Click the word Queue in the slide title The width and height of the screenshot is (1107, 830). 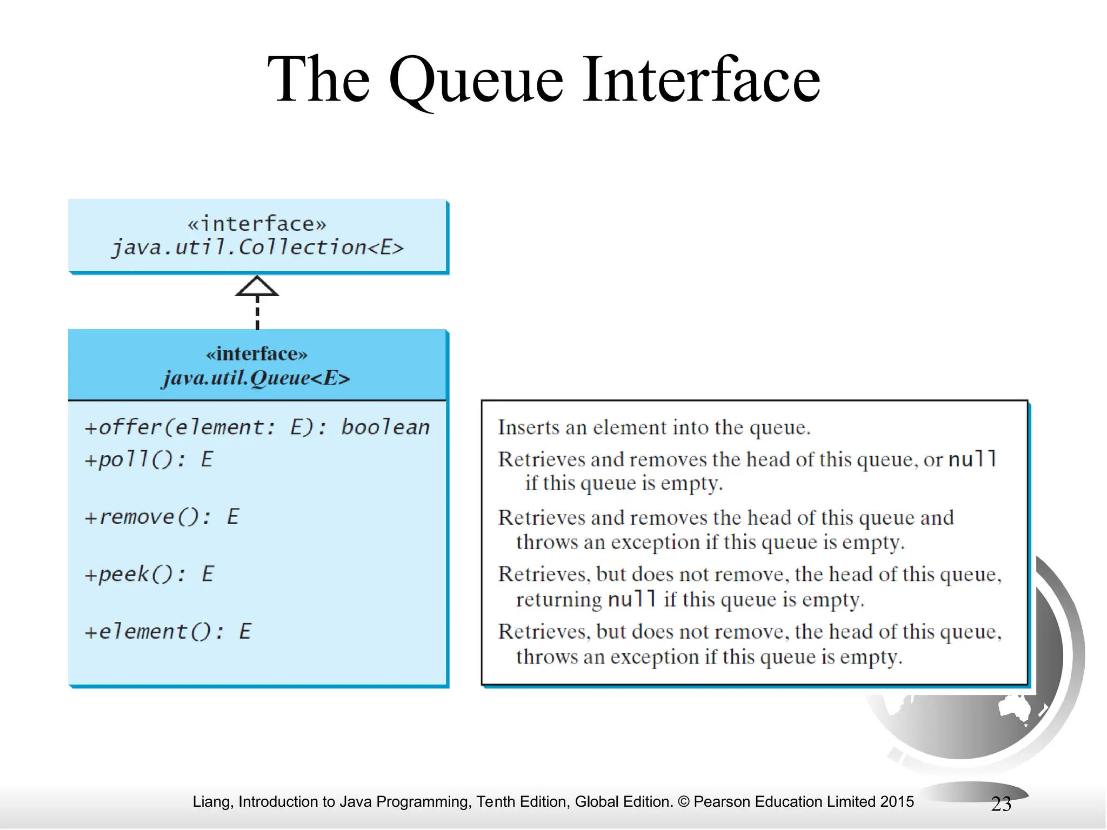pyautogui.click(x=475, y=81)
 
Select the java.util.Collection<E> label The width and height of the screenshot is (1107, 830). pyautogui.click(x=257, y=247)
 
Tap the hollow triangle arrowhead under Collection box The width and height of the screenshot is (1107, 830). pyautogui.click(x=257, y=287)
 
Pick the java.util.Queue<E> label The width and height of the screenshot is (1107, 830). pyautogui.click(x=256, y=378)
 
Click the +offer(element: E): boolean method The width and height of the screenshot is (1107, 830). pyautogui.click(x=257, y=427)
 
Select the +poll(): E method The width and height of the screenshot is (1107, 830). pyautogui.click(x=149, y=459)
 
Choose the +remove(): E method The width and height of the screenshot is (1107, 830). pyautogui.click(x=161, y=517)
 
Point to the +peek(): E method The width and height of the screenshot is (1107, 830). pyautogui.click(x=149, y=574)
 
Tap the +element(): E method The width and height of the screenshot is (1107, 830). pyautogui.click(x=168, y=631)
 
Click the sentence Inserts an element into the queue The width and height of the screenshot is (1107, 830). pyautogui.click(x=654, y=427)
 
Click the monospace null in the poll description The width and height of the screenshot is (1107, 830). pyautogui.click(x=972, y=459)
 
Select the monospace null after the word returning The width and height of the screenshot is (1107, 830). pyautogui.click(x=632, y=599)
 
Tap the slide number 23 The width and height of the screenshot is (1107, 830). pyautogui.click(x=1001, y=804)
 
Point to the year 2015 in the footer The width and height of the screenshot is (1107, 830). pyautogui.click(x=897, y=801)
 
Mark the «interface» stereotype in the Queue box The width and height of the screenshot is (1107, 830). pyautogui.click(x=256, y=354)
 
